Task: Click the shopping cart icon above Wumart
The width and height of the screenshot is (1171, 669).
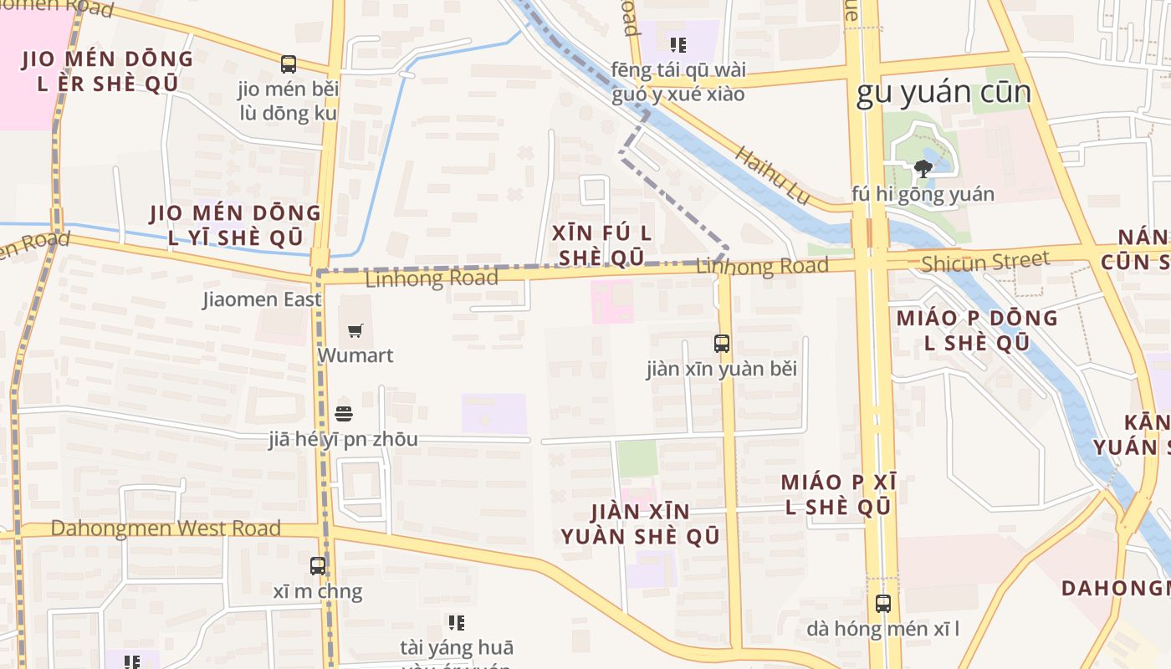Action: tap(355, 330)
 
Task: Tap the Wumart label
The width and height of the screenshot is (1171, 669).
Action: tap(355, 355)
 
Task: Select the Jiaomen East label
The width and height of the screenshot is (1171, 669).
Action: tap(262, 299)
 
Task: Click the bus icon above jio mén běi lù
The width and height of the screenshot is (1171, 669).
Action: tap(289, 64)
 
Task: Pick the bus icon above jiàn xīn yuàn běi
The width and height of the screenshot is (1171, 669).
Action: tap(721, 343)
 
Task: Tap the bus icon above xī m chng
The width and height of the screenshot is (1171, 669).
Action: tap(318, 566)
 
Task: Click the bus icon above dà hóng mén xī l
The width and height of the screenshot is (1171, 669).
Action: tap(883, 603)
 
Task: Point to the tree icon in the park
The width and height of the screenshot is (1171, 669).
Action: tap(923, 169)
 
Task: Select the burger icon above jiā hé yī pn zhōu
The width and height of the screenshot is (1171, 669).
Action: tap(344, 413)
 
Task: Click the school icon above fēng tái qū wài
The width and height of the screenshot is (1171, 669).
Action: tap(678, 44)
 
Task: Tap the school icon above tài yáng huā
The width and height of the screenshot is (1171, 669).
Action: tap(457, 622)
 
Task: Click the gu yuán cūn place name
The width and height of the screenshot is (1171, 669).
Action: tap(943, 93)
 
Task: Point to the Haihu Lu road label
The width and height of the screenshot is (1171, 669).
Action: tap(774, 176)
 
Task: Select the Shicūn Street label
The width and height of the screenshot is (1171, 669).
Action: tap(984, 263)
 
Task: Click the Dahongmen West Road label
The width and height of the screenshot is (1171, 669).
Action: tap(166, 529)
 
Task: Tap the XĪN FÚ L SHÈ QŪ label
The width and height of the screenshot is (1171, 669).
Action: tap(602, 245)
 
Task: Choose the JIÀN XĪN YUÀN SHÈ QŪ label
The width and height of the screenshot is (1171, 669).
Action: tap(640, 523)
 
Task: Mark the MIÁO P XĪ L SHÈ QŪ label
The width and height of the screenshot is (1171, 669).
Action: tap(838, 494)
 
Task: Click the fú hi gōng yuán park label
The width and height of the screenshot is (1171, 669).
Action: tap(923, 194)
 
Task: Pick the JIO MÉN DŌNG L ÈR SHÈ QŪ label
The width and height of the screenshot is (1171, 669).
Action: tap(107, 71)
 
